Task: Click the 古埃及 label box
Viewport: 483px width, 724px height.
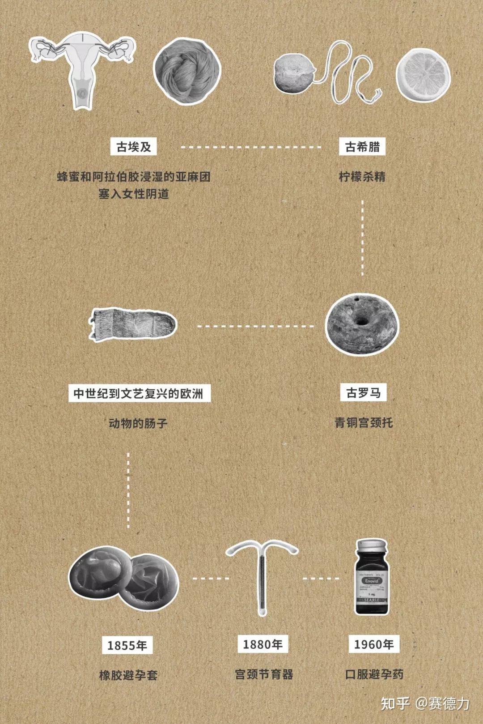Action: pos(134,147)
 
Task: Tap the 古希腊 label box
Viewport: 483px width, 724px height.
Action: pos(362,147)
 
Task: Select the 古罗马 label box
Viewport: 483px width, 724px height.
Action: pos(364,393)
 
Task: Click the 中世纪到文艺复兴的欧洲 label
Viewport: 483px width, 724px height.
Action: pos(139,394)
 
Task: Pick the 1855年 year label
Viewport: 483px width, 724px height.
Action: pos(127,645)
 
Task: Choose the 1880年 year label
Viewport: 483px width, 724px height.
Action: pos(263,644)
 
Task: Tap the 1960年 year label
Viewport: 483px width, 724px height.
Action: pos(374,644)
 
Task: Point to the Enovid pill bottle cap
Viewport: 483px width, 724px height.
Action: pos(372,547)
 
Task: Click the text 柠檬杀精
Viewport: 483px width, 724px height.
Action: pos(362,177)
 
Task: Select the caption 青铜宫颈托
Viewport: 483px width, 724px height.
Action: pos(364,422)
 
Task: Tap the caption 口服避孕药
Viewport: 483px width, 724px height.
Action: pos(374,674)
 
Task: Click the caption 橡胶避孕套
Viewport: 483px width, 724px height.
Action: pos(128,675)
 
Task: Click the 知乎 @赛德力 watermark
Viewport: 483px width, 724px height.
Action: pos(425,703)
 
